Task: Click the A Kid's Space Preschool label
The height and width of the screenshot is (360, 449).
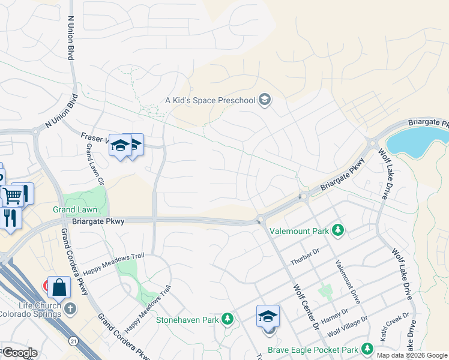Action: pos(210,100)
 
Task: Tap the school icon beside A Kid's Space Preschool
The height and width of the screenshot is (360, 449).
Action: pos(264,100)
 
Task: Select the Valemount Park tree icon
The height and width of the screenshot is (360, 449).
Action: pos(338,230)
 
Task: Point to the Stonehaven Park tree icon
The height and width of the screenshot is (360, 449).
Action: pos(228,319)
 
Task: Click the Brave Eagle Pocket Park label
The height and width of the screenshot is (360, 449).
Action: pos(320,350)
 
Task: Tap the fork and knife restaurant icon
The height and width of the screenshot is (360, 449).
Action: pos(10,217)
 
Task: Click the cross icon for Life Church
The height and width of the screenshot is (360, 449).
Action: pos(71,309)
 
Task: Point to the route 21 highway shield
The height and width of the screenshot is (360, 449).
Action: pos(73,340)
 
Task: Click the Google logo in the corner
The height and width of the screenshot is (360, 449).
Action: pos(20,353)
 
